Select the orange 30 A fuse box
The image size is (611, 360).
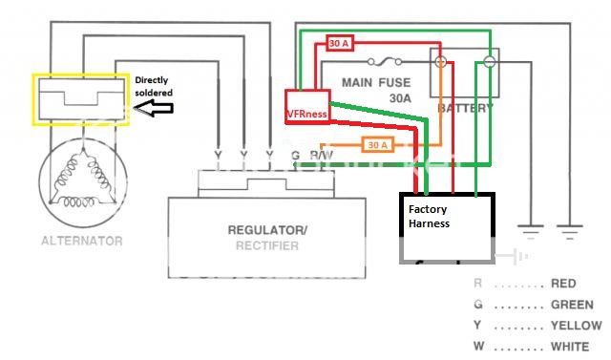(x=377, y=145)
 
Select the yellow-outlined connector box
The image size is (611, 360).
(x=80, y=99)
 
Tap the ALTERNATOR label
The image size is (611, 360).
(x=81, y=241)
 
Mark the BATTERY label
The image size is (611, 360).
(x=465, y=109)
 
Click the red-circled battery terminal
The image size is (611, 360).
(x=442, y=62)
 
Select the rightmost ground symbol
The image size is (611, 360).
(x=570, y=231)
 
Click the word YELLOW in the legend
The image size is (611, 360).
(x=577, y=326)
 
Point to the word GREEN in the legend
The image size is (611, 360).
(x=573, y=305)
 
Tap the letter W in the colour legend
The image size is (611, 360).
(x=478, y=347)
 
